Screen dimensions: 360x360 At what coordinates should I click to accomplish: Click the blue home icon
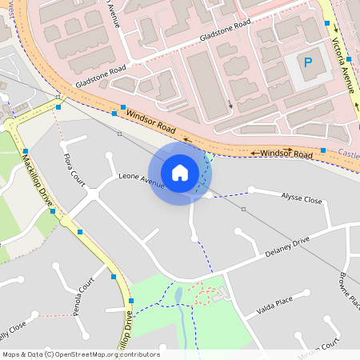pos(180,173)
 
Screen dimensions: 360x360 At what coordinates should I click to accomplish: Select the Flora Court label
pos(74,166)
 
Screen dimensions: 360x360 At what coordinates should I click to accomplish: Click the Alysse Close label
pos(301,198)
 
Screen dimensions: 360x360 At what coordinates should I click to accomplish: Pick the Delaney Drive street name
pos(287,248)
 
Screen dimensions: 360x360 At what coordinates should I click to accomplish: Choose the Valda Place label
pos(274,306)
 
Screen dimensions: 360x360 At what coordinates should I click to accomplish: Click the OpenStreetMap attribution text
pos(80,354)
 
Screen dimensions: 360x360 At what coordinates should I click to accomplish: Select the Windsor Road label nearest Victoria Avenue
pos(286,153)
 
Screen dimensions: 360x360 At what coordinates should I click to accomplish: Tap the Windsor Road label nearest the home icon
pos(151,122)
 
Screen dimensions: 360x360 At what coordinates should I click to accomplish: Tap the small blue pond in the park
pos(178,296)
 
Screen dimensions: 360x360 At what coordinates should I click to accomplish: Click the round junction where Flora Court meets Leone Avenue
pos(93,193)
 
